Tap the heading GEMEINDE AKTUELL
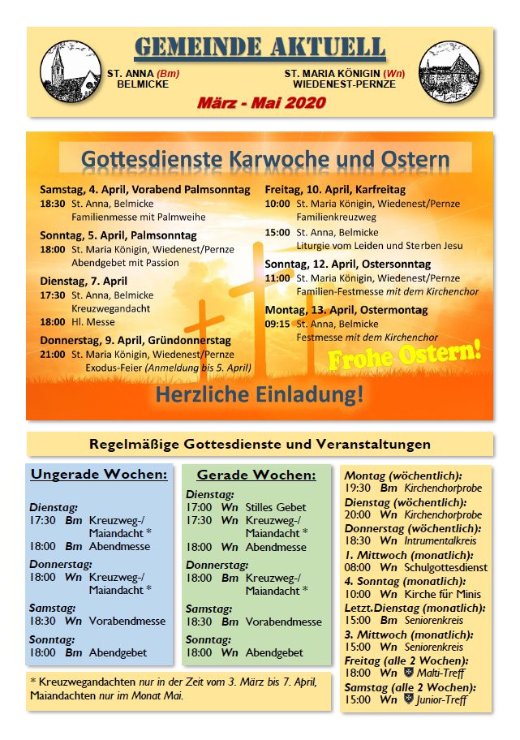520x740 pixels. (260, 48)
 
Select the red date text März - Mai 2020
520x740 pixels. (260, 103)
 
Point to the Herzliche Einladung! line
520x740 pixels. (260, 394)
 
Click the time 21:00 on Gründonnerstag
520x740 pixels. (53, 355)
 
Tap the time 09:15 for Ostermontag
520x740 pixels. (277, 324)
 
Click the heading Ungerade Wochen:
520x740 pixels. (99, 475)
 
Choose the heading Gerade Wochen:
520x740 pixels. (256, 475)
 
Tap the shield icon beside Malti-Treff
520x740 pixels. (408, 673)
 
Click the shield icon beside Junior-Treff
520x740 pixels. (408, 699)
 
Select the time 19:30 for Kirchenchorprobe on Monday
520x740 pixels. (358, 488)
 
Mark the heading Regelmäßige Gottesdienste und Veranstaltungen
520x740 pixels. (260, 444)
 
